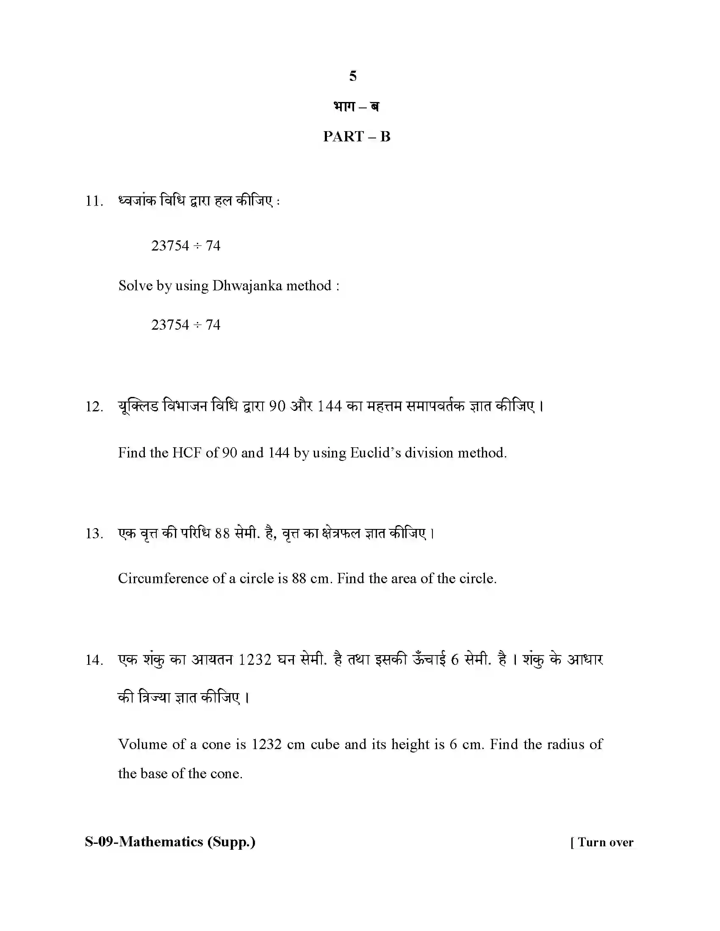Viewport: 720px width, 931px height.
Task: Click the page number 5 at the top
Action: [353, 76]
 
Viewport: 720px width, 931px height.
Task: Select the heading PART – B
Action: [357, 136]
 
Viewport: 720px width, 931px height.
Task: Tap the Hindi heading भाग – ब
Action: [357, 107]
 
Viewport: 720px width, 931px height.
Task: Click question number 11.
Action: [94, 201]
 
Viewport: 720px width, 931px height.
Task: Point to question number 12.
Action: [94, 407]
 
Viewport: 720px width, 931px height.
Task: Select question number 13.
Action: [94, 534]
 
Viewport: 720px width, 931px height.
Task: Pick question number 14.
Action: [94, 660]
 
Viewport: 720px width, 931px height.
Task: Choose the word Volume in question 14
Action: [142, 744]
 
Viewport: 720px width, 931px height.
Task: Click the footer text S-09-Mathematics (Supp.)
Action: [170, 842]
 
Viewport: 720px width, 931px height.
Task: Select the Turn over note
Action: [602, 842]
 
